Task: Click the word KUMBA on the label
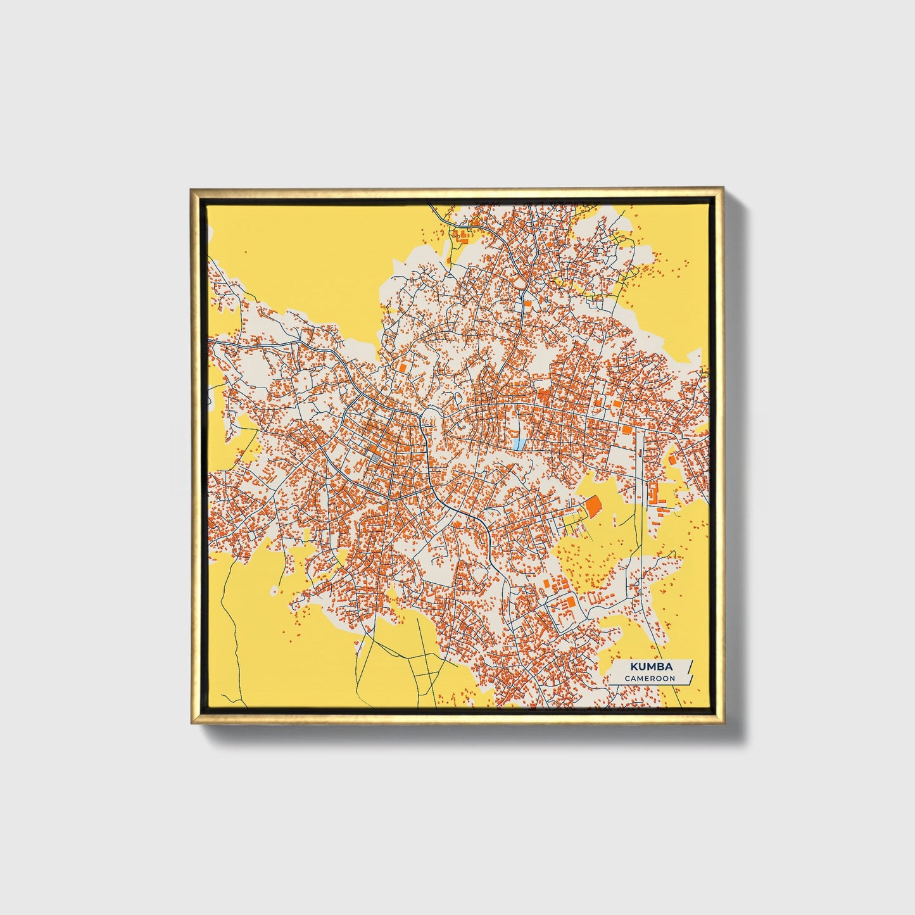[x=650, y=666]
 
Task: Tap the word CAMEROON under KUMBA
[x=650, y=678]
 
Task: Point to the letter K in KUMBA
[x=633, y=666]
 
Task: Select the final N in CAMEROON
[x=672, y=678]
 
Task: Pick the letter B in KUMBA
[x=660, y=666]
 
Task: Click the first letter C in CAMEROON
[x=628, y=678]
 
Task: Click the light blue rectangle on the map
[x=519, y=445]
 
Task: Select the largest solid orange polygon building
[x=593, y=507]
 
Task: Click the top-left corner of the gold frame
[x=191, y=189]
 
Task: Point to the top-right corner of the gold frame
[x=723, y=189]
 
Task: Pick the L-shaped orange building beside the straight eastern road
[x=653, y=494]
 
